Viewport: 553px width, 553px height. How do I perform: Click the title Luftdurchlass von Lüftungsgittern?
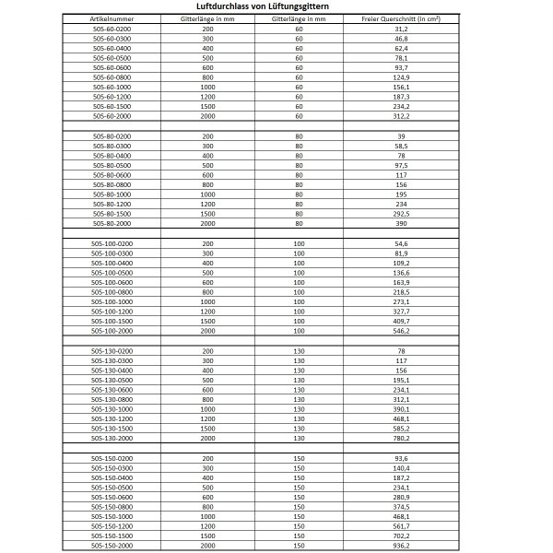pos(276,6)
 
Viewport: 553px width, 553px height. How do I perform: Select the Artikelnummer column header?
pos(112,18)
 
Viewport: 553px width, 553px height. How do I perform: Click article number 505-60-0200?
pos(112,29)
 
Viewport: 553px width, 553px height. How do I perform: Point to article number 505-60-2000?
pos(112,117)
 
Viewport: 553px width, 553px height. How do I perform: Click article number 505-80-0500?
pos(112,166)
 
